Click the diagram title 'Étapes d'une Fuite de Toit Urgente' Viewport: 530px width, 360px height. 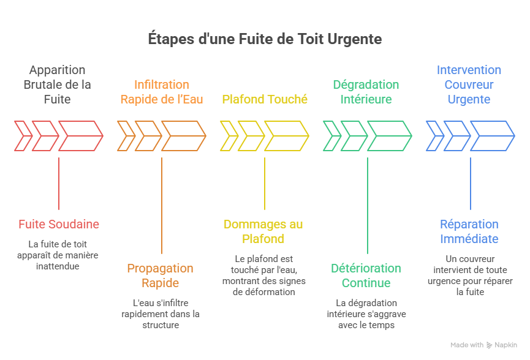(265, 39)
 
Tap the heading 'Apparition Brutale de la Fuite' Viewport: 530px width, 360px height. (58, 84)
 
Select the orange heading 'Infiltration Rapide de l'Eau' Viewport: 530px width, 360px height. (162, 92)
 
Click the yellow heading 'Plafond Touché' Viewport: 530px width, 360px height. (265, 99)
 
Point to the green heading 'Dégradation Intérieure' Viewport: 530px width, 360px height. (366, 92)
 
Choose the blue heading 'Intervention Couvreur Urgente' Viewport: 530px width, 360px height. (469, 84)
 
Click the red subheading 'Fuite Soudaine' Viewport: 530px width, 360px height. (59, 224)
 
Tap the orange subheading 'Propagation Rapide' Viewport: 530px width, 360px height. (160, 276)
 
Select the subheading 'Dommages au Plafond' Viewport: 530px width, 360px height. (263, 231)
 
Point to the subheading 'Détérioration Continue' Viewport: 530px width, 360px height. (366, 276)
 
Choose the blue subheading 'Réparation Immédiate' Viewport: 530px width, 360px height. (469, 231)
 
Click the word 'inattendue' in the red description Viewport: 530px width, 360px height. (58, 266)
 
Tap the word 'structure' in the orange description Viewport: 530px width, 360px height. (161, 325)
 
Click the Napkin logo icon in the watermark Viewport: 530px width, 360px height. (489, 345)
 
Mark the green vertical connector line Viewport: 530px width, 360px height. (368, 205)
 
